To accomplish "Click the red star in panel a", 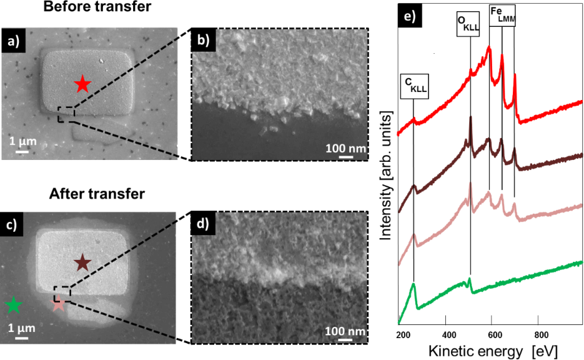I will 81,83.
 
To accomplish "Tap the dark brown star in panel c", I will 82,263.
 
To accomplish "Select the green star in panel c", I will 12,305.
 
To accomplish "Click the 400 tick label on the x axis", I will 445,334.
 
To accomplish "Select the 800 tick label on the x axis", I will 541,334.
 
